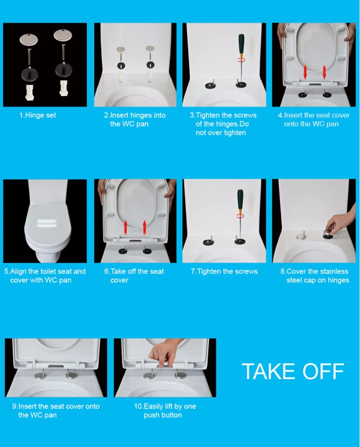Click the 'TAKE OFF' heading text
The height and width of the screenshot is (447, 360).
(293, 378)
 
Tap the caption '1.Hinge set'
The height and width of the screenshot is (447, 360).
(38, 115)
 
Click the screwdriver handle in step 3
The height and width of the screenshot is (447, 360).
(242, 44)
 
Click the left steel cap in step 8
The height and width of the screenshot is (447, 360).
(301, 236)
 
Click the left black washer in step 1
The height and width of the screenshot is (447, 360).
(30, 74)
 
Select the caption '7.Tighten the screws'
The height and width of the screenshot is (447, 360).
(224, 271)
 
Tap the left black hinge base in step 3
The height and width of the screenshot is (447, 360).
(211, 85)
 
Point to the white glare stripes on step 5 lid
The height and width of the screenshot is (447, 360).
(46, 223)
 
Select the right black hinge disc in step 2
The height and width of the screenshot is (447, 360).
(150, 65)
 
